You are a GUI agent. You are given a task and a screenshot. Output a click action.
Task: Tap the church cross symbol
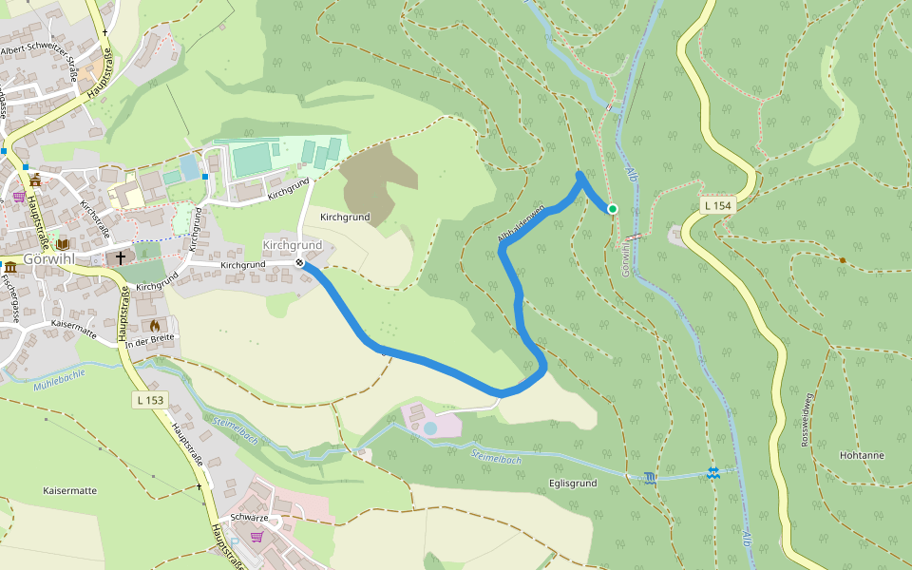click(121, 257)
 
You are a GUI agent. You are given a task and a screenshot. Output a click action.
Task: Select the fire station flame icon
click(155, 325)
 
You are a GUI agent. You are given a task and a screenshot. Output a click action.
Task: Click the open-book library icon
click(63, 244)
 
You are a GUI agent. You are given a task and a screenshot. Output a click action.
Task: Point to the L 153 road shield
click(150, 400)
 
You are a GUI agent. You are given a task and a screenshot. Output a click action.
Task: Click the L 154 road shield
click(718, 206)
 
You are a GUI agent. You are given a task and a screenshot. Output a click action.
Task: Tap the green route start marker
click(613, 209)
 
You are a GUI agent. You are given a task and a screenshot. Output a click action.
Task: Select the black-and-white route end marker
click(300, 263)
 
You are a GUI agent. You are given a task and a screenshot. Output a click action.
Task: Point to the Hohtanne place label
click(862, 455)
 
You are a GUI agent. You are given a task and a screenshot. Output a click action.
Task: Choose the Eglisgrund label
click(572, 484)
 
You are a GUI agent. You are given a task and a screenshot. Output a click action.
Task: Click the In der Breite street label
click(150, 340)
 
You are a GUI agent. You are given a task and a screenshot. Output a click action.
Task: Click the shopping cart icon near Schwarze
click(256, 536)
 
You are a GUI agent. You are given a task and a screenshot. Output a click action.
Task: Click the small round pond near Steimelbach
click(430, 428)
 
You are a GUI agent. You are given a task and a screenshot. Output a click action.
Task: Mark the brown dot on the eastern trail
click(843, 259)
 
